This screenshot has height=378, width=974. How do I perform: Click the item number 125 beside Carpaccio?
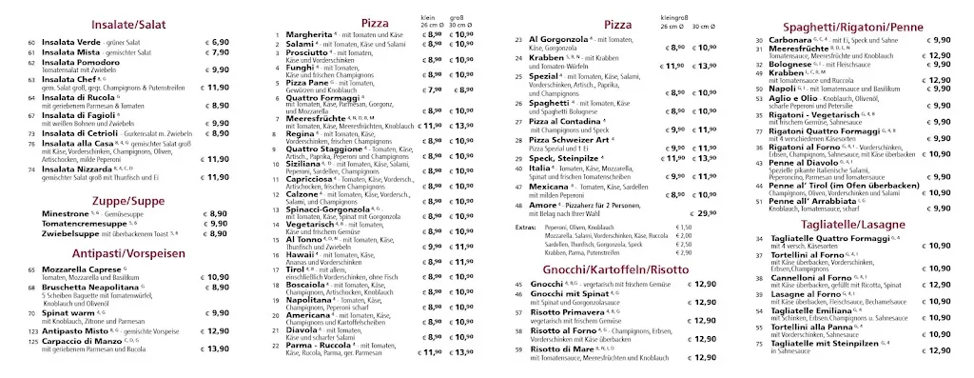pos(33,349)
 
